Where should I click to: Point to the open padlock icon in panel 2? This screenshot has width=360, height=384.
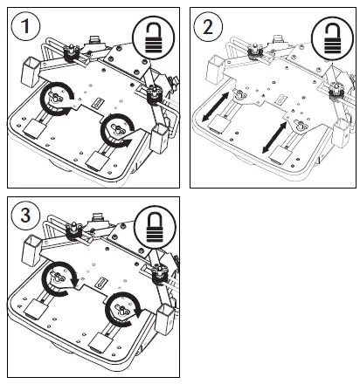[333, 37]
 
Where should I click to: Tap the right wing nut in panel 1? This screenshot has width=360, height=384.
[114, 133]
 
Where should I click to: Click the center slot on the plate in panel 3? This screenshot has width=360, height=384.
[103, 283]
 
